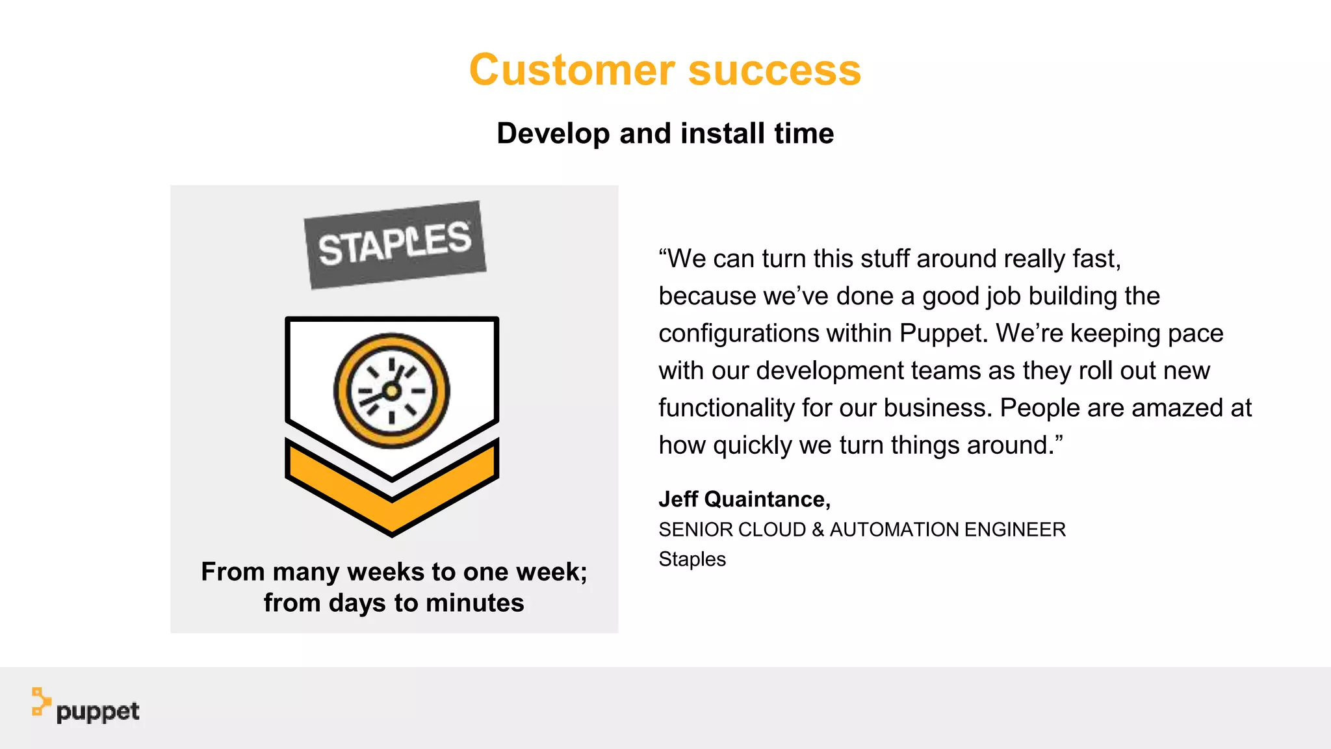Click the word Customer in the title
click(x=572, y=70)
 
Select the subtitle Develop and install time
click(x=665, y=133)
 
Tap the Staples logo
click(x=395, y=244)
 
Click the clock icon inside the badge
click(x=391, y=391)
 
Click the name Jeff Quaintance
click(x=744, y=499)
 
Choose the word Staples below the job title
click(x=692, y=558)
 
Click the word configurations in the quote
click(x=739, y=333)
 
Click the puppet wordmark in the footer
click(x=97, y=712)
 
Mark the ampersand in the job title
click(x=818, y=529)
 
